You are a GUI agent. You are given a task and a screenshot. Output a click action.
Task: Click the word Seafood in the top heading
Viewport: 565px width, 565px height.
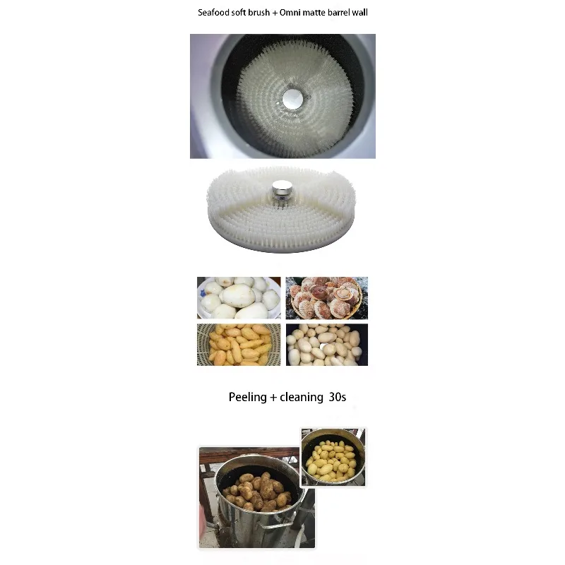(x=214, y=13)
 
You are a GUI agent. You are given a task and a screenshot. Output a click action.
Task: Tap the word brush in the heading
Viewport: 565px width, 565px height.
(x=258, y=13)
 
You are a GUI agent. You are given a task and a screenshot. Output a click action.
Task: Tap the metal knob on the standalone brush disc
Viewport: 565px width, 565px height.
(x=282, y=190)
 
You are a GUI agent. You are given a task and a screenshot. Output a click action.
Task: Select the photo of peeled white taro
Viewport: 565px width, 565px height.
(x=239, y=297)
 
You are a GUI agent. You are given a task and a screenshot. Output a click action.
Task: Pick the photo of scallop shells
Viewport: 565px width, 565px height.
(x=327, y=297)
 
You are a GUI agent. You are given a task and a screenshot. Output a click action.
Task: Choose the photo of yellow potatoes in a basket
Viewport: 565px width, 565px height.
(x=239, y=345)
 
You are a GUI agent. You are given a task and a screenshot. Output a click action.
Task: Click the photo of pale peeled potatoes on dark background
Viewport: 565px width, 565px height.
(x=327, y=345)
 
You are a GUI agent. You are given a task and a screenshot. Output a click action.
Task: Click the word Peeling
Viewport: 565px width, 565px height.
(x=248, y=398)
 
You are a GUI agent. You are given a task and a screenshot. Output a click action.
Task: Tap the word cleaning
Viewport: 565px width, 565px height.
(x=302, y=397)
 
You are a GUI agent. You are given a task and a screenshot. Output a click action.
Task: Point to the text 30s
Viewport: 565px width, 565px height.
(x=338, y=397)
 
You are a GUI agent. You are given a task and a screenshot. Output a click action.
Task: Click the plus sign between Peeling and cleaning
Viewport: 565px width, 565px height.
(x=273, y=398)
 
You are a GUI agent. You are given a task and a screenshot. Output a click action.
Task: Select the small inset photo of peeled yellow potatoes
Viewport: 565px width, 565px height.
(x=333, y=457)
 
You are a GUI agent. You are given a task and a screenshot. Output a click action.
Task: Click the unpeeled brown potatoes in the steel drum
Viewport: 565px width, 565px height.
(x=257, y=491)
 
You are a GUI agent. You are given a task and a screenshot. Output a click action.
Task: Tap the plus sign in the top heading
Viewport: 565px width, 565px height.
(x=275, y=13)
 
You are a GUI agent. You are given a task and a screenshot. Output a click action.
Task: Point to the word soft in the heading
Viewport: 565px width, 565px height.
(x=239, y=13)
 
